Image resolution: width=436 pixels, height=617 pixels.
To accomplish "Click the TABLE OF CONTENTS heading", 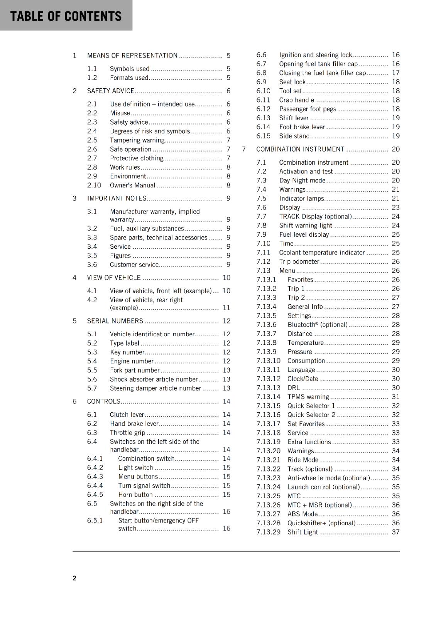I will (x=66, y=16).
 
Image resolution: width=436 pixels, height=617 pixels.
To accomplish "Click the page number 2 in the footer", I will (x=74, y=578).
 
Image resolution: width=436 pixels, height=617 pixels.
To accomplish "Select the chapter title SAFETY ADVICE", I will (x=110, y=91).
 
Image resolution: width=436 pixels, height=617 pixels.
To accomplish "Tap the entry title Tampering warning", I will (x=137, y=140).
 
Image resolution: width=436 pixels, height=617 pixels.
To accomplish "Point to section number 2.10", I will (x=94, y=185).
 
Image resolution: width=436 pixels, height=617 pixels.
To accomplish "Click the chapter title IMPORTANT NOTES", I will (x=117, y=198).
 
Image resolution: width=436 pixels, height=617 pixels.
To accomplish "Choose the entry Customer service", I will (x=134, y=265).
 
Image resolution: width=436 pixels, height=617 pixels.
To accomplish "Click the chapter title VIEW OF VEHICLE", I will (x=114, y=278).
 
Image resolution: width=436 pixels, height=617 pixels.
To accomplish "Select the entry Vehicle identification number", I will (x=152, y=334).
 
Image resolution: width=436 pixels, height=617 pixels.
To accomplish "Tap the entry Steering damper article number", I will (x=155, y=388).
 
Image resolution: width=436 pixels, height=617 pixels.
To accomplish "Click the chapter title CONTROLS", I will (x=103, y=401).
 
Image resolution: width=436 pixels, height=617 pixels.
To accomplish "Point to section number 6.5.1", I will (x=95, y=521).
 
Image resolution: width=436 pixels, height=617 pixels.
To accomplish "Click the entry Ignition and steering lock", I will (x=315, y=55).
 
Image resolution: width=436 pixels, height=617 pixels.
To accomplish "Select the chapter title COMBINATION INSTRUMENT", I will (x=300, y=149).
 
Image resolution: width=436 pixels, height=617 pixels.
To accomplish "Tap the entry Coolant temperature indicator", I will (x=322, y=253).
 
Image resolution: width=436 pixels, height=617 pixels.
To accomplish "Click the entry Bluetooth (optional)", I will (x=317, y=325).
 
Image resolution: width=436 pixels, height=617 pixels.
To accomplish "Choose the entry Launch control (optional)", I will (x=323, y=487).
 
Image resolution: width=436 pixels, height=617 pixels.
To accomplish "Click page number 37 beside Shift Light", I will (x=395, y=532).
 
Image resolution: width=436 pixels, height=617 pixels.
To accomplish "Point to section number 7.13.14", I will (x=268, y=397).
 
